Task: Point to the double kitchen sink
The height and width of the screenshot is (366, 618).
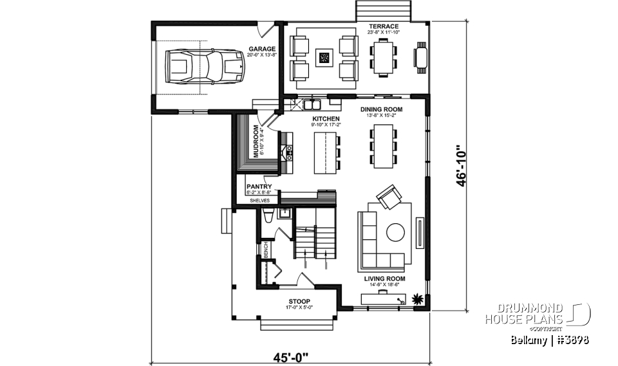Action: pyautogui.click(x=313, y=102)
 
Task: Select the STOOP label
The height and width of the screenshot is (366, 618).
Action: pyautogui.click(x=299, y=301)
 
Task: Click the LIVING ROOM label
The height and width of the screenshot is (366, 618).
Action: pyautogui.click(x=384, y=279)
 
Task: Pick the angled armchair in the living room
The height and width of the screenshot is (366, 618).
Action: pyautogui.click(x=388, y=198)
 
